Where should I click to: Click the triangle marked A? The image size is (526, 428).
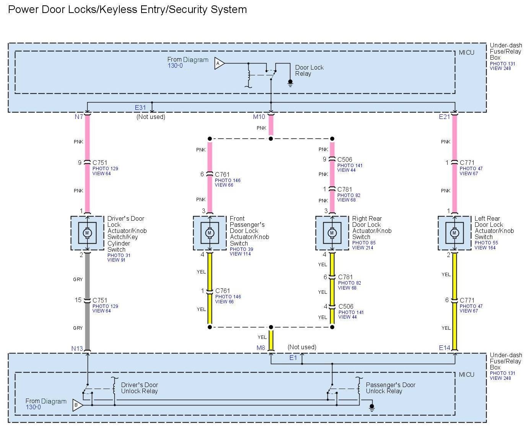tap(219, 63)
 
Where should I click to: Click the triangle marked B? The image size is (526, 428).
tap(77, 405)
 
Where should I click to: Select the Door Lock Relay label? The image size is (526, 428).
tap(309, 70)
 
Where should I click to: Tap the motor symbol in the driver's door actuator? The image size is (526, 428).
tap(87, 233)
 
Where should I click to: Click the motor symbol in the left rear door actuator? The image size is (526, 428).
tap(454, 233)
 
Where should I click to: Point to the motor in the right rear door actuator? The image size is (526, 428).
tap(332, 233)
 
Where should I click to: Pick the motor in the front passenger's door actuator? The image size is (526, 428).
tap(209, 233)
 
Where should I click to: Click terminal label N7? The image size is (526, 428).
tap(79, 117)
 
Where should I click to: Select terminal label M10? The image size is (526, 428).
tap(259, 117)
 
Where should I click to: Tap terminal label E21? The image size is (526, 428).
tap(445, 117)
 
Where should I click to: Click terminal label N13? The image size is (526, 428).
tap(77, 348)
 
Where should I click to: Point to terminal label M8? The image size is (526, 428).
tap(261, 348)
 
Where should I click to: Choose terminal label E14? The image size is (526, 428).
tap(445, 348)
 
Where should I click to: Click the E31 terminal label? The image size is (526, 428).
tap(140, 108)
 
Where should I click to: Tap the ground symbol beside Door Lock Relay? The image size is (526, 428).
tap(290, 83)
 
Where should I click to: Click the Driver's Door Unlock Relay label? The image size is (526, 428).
tap(139, 388)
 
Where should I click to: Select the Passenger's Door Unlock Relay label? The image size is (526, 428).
tap(390, 388)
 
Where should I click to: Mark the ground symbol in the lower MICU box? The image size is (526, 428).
tap(371, 408)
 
